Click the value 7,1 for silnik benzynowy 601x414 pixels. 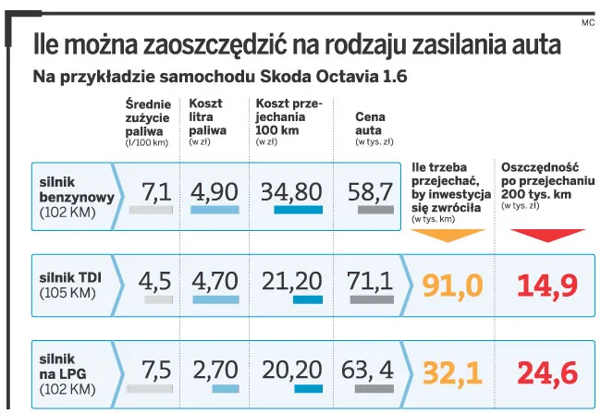(155, 191)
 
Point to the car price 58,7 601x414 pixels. (370, 191)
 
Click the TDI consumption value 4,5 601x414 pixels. (155, 281)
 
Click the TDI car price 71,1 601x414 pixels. (370, 281)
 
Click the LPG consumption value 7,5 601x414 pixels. (155, 370)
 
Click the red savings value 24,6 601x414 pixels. (541, 371)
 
